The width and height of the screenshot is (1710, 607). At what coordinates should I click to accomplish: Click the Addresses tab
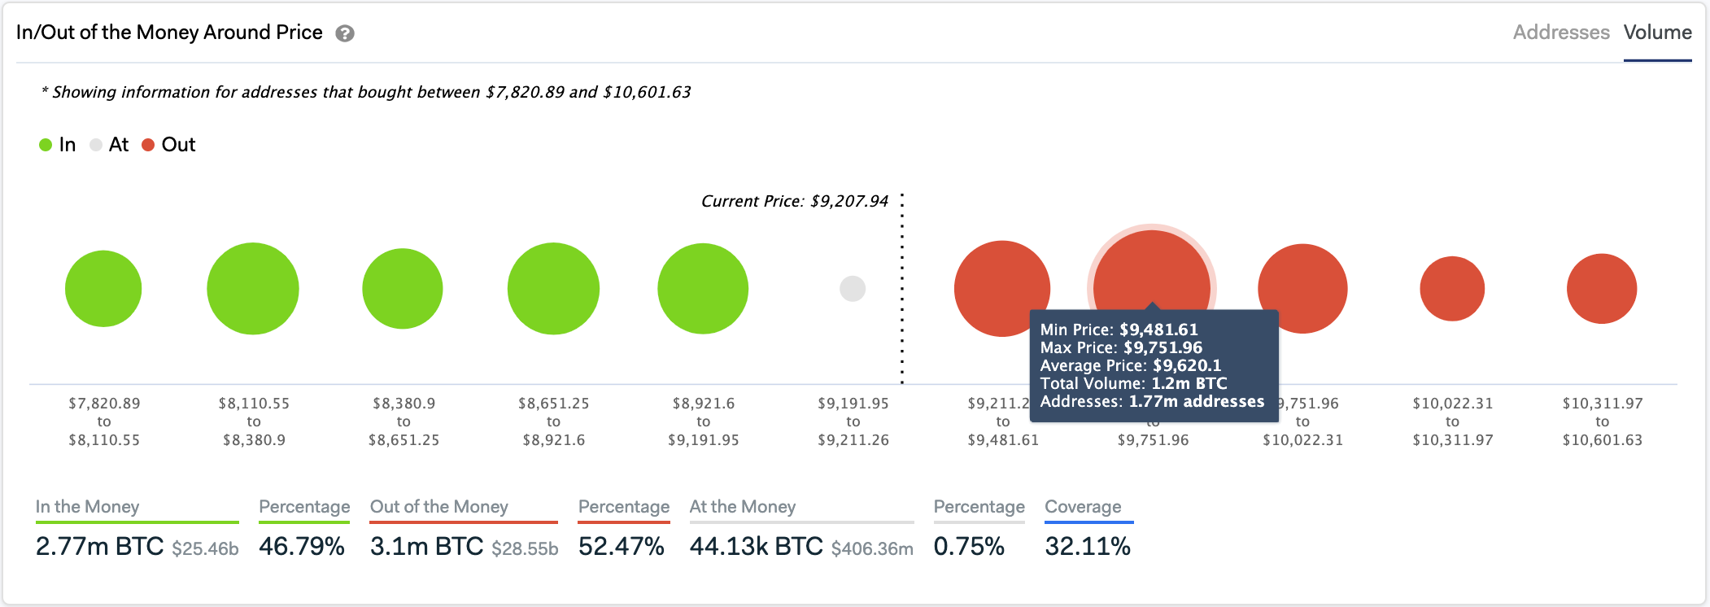[1560, 33]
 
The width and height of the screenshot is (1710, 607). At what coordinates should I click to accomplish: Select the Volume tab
[1657, 33]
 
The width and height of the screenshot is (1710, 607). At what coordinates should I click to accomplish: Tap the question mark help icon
[345, 33]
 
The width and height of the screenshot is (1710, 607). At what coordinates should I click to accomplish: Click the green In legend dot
[46, 145]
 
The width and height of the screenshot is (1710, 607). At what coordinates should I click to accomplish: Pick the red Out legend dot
[148, 145]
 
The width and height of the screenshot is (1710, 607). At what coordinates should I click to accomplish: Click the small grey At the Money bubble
[853, 289]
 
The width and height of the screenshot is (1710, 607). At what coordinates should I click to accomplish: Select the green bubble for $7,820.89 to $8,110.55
[103, 289]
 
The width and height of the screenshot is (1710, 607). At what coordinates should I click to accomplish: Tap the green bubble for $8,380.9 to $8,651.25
[403, 289]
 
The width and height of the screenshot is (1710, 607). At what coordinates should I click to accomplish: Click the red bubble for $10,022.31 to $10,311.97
[1452, 289]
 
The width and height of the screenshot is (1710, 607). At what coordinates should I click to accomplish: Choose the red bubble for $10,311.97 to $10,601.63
[1602, 289]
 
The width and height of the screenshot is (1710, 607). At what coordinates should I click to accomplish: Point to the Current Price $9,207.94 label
[794, 201]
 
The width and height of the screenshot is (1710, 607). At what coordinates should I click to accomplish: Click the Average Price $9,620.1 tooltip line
[1130, 365]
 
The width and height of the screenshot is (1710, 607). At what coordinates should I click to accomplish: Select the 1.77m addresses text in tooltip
[1196, 401]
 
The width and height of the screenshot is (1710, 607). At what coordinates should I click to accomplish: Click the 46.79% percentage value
[302, 546]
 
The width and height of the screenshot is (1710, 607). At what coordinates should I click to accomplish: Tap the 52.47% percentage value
[622, 546]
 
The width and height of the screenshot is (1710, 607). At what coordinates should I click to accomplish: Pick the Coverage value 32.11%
[1088, 546]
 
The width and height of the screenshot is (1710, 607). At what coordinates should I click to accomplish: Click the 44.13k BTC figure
[756, 546]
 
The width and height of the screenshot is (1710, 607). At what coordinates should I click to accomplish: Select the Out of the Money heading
[439, 507]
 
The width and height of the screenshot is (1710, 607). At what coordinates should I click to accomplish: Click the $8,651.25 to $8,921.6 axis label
[553, 421]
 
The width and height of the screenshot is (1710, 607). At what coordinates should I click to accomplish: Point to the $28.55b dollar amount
[525, 548]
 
